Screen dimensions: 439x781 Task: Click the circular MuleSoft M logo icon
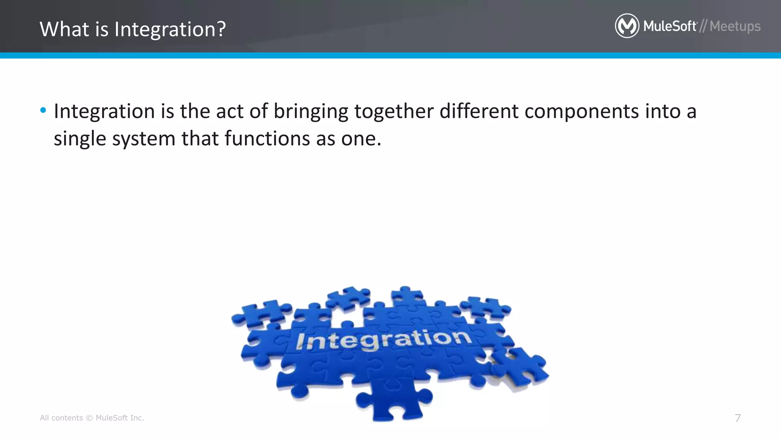pos(627,26)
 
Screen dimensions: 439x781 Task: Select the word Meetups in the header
pos(735,26)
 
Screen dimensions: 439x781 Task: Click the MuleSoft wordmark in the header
pos(670,26)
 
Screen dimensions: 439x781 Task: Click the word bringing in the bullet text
pos(311,112)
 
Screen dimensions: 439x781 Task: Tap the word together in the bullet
pos(394,112)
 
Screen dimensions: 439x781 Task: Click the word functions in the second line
pos(267,138)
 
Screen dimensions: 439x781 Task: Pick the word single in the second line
pos(80,139)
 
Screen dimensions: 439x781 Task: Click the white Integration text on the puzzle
pos(383,340)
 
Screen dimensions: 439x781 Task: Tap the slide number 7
pos(738,418)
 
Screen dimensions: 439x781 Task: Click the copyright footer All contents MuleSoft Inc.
pos(92,418)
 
